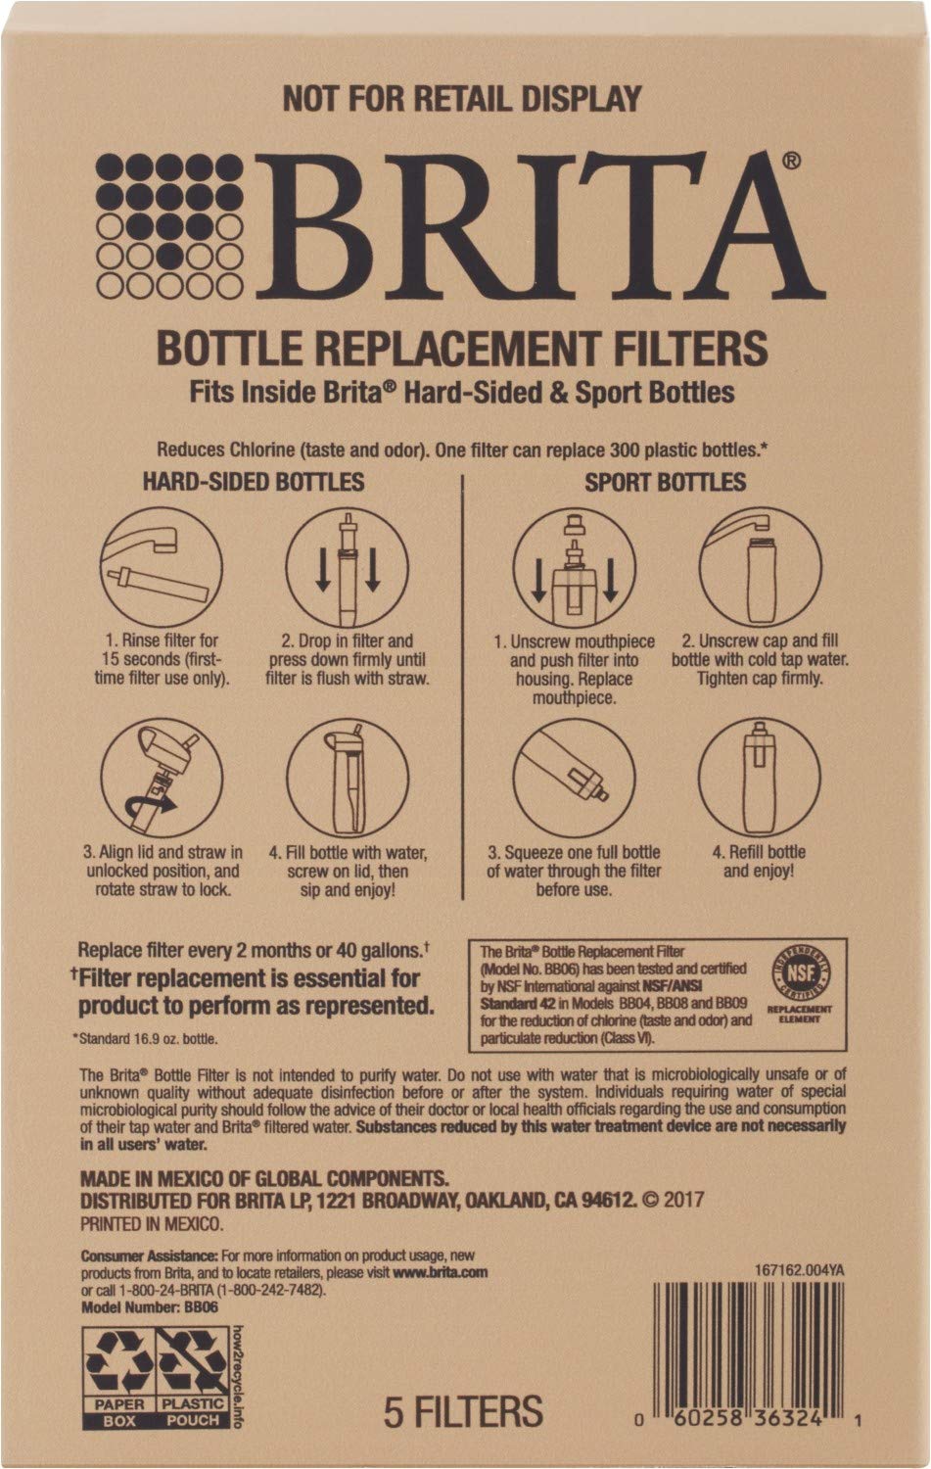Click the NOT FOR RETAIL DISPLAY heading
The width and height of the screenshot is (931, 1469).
coord(461,99)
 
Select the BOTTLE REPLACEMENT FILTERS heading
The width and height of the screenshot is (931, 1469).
coord(462,348)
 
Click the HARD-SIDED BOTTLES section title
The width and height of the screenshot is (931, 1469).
coord(254,481)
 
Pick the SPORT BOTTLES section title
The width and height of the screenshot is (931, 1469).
coord(665,482)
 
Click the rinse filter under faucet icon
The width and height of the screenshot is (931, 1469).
coord(162,567)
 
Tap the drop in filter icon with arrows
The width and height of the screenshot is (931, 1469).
coord(347,567)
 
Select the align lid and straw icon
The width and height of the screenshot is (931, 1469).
coord(162,781)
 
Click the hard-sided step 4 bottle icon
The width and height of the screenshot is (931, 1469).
coord(347,781)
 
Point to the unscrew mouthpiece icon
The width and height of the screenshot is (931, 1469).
coord(575,568)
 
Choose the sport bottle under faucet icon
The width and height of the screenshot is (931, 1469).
coord(760,568)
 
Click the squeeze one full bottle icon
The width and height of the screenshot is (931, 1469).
coord(575,781)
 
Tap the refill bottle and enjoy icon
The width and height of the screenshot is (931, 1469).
coord(760,781)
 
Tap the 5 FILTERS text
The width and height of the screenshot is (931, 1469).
coord(463,1411)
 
